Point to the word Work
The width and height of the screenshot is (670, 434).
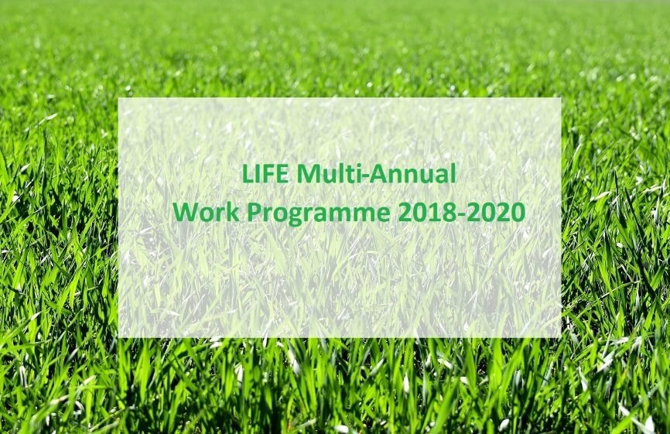206,211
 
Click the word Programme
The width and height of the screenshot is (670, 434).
318,214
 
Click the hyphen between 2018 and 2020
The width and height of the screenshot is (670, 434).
461,214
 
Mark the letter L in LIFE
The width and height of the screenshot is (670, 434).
248,173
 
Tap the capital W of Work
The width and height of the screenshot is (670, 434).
186,211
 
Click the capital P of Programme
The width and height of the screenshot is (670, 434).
254,211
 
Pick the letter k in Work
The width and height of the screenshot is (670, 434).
234,211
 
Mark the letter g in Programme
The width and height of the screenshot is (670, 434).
297,216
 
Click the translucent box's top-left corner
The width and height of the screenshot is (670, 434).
118,97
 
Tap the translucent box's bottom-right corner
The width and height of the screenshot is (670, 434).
561,338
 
